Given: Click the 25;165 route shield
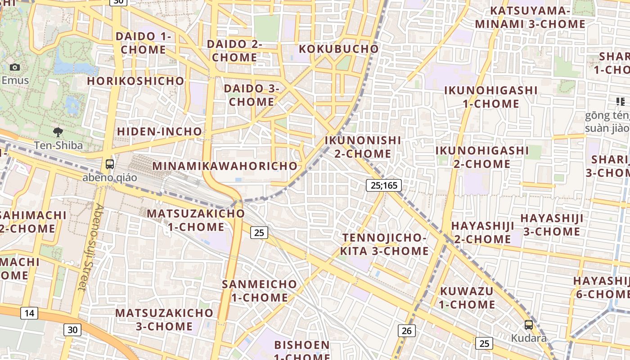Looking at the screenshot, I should coord(383,185).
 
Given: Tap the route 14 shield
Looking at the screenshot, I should coord(29,313).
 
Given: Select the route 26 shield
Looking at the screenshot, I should coord(406,331).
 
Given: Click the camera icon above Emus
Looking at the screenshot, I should coord(15,67).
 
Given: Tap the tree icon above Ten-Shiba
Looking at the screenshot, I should coord(58,132).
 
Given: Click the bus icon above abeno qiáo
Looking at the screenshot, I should coord(110,164).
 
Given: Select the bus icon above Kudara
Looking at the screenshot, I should coord(529,324).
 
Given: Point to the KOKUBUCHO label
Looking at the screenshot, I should coord(339,49).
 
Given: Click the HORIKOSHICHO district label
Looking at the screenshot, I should coord(135,81).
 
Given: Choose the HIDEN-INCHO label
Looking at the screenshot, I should coord(159,131).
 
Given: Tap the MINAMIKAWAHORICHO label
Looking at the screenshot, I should coord(225,166).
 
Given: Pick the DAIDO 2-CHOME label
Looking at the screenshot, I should coord(234,51).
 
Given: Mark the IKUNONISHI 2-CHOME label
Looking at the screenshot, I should coord(363,147).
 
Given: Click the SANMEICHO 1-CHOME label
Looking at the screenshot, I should coord(260,291).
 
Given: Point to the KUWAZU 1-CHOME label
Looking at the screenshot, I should coord(467,297).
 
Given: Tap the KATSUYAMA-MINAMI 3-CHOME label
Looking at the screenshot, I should coord(530,18).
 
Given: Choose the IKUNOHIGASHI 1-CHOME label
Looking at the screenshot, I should coord(491,97).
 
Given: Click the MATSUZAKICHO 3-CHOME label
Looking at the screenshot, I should coord(164,319).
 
